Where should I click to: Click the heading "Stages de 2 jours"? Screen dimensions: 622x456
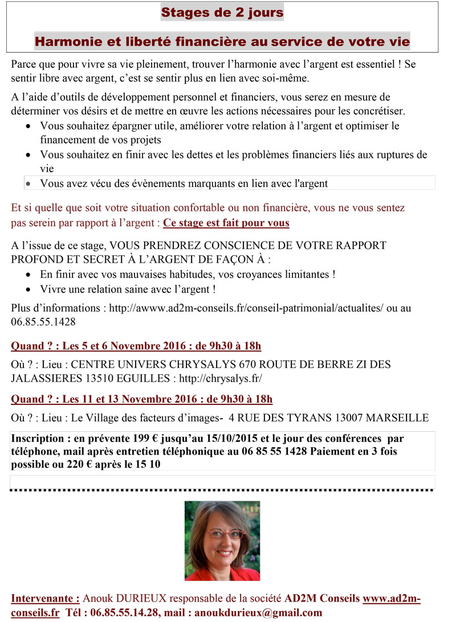click(x=222, y=12)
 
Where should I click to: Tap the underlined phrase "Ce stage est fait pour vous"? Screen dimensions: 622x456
click(x=226, y=223)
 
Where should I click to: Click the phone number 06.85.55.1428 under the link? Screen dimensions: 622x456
click(x=43, y=321)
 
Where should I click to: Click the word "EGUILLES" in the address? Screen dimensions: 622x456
click(x=149, y=378)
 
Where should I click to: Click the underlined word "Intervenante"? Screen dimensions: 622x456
click(x=45, y=599)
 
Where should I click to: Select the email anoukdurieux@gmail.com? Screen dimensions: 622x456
click(x=258, y=612)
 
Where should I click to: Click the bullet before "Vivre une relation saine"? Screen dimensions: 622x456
click(x=29, y=289)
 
